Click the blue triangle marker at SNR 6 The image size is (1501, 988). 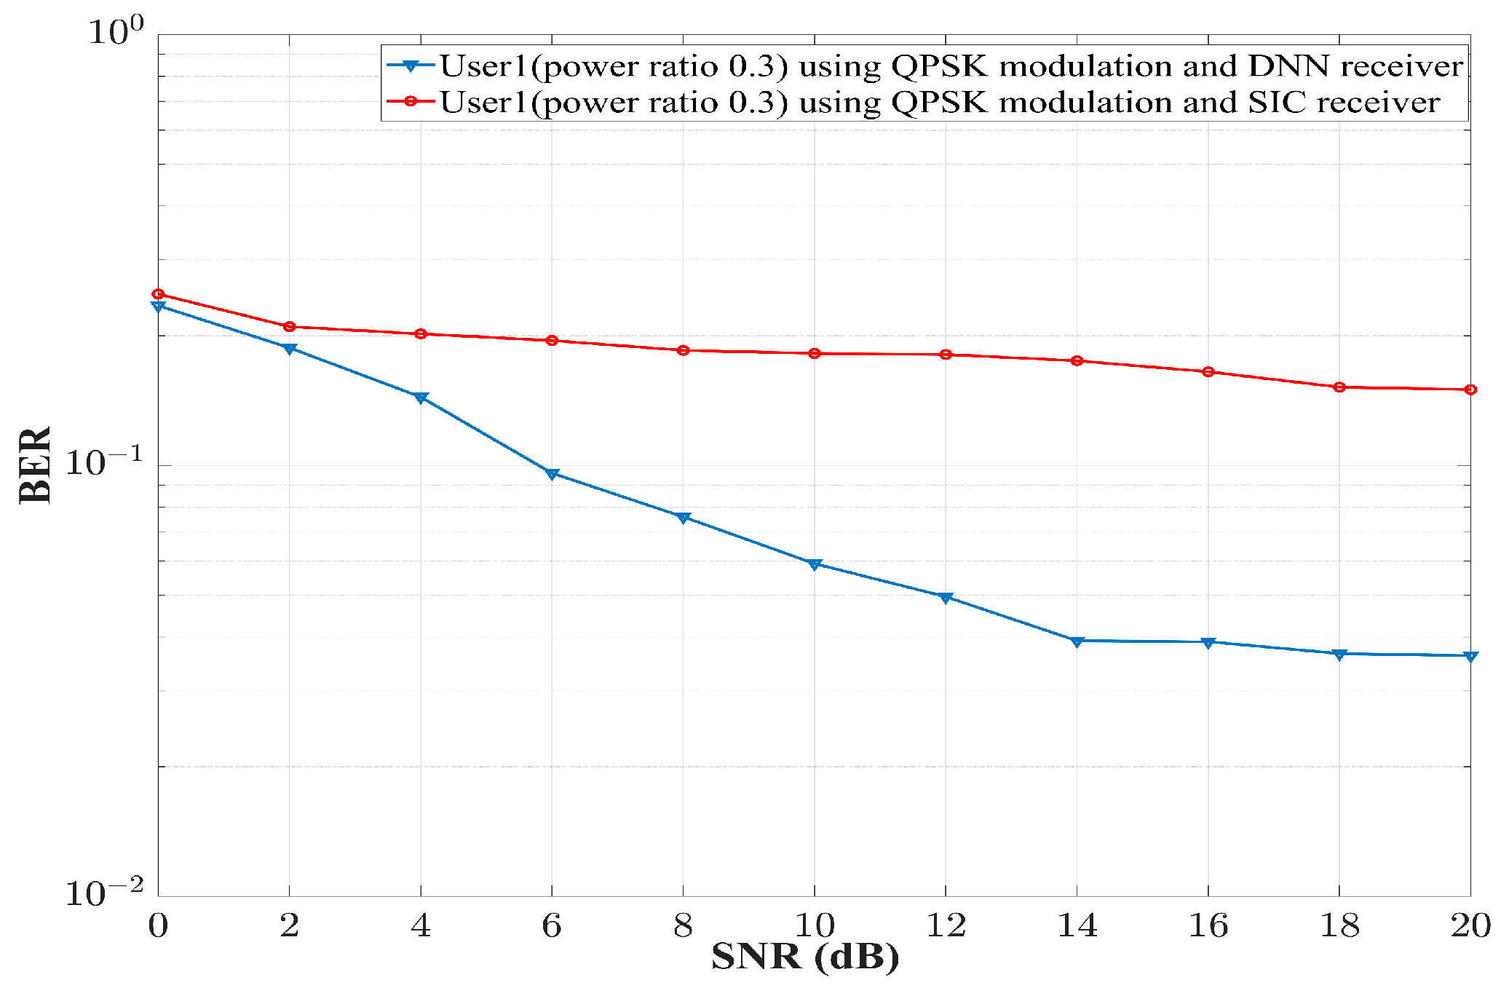click(552, 475)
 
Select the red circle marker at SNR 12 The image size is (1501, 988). click(946, 355)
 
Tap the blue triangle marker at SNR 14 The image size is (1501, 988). click(1077, 641)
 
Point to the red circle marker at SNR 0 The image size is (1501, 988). click(158, 294)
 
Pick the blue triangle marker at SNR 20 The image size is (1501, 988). click(1470, 657)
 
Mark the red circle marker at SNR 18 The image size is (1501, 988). click(1339, 387)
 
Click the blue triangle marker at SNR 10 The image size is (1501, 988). click(815, 564)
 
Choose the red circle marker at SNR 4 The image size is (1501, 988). click(421, 334)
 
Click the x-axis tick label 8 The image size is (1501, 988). click(683, 926)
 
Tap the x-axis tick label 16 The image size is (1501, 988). click(1208, 926)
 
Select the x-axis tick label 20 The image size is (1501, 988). click(1470, 926)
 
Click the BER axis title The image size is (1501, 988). click(35, 465)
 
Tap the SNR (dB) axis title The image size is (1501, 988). click(805, 957)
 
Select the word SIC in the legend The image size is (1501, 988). click(1278, 102)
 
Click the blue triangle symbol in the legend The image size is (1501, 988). click(411, 66)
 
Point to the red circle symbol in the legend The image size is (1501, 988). click(411, 101)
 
